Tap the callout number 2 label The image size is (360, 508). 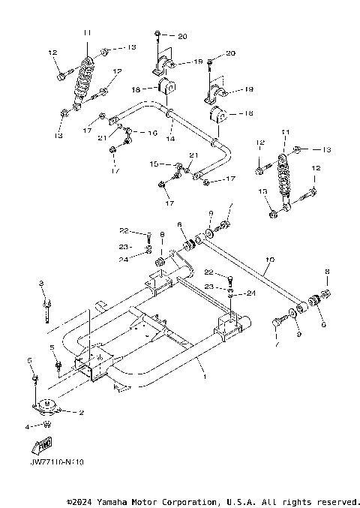point(80,413)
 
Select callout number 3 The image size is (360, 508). point(42,283)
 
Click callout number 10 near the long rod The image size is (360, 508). point(270,260)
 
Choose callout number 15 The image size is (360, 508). point(154,164)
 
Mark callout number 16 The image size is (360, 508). point(153,132)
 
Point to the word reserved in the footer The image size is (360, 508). point(337,501)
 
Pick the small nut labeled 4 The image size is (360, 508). point(47,425)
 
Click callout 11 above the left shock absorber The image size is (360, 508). point(87,32)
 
